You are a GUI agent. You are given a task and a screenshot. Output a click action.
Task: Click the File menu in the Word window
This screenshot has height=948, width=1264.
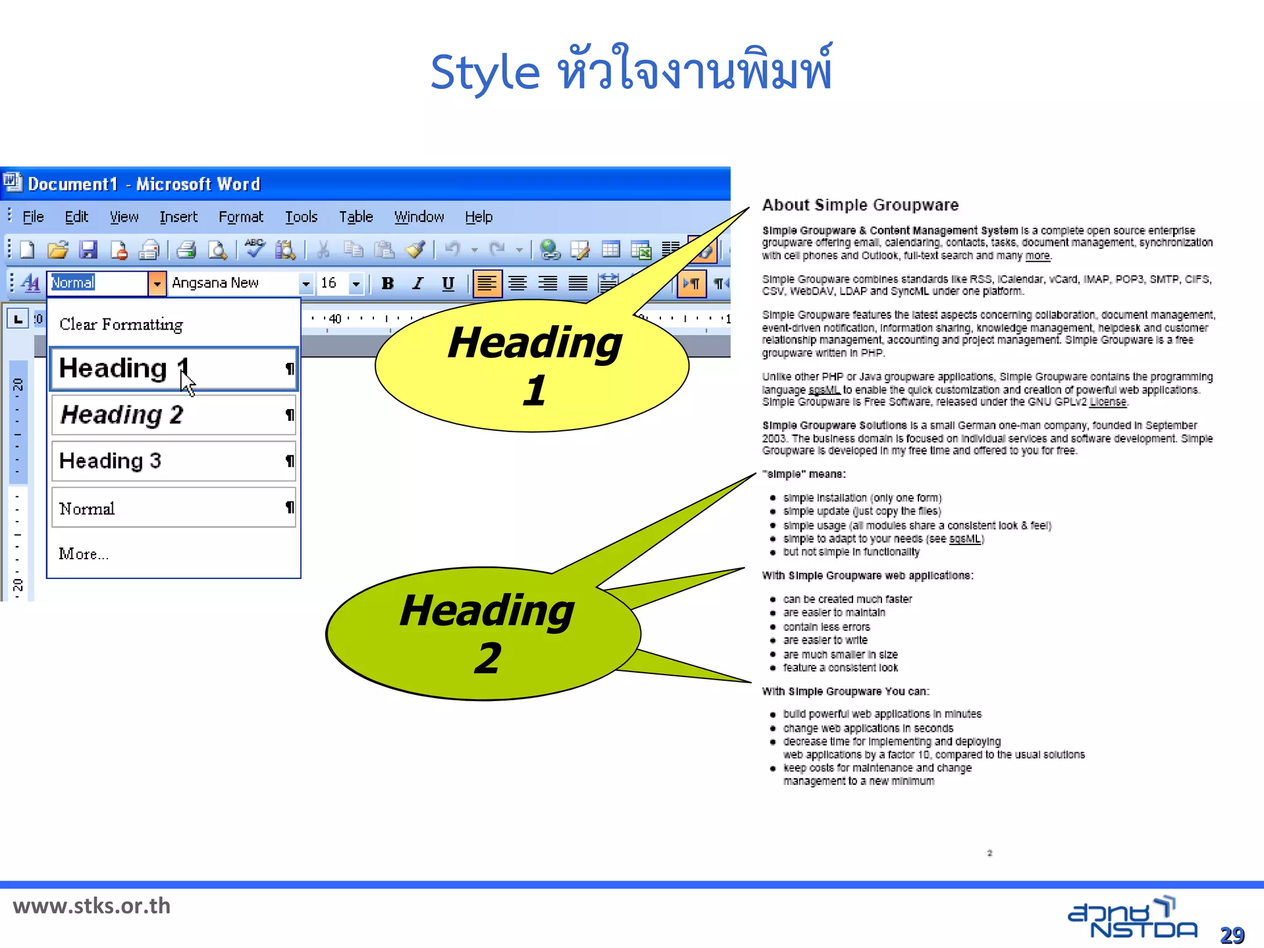[33, 217]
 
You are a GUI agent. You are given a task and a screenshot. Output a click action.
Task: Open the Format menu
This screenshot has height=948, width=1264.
[241, 217]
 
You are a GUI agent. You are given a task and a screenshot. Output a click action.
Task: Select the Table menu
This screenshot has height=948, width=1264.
[355, 217]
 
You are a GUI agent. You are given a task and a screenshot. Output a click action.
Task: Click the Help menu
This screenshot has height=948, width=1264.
[478, 217]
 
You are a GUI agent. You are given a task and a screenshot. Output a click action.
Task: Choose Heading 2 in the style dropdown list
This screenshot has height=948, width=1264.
[173, 415]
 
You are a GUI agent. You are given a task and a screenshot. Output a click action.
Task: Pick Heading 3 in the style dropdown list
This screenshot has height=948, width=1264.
[173, 461]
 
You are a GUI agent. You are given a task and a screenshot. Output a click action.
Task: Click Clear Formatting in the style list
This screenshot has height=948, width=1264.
[122, 325]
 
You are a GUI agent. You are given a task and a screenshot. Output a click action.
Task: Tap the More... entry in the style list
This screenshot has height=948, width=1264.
[83, 554]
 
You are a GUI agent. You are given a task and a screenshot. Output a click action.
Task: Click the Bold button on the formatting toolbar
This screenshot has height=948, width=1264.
[388, 283]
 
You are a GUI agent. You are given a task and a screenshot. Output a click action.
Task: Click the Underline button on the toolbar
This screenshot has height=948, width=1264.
[448, 283]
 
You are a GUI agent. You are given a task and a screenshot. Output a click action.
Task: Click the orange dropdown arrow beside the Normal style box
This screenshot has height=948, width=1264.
[157, 283]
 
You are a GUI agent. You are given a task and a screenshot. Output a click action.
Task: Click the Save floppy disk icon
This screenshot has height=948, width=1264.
[88, 250]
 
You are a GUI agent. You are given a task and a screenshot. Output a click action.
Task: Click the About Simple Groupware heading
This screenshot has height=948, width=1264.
[860, 205]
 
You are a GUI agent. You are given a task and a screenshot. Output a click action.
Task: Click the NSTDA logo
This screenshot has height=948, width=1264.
[1132, 918]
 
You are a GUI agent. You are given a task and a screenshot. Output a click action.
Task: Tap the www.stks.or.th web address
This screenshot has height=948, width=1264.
[92, 906]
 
